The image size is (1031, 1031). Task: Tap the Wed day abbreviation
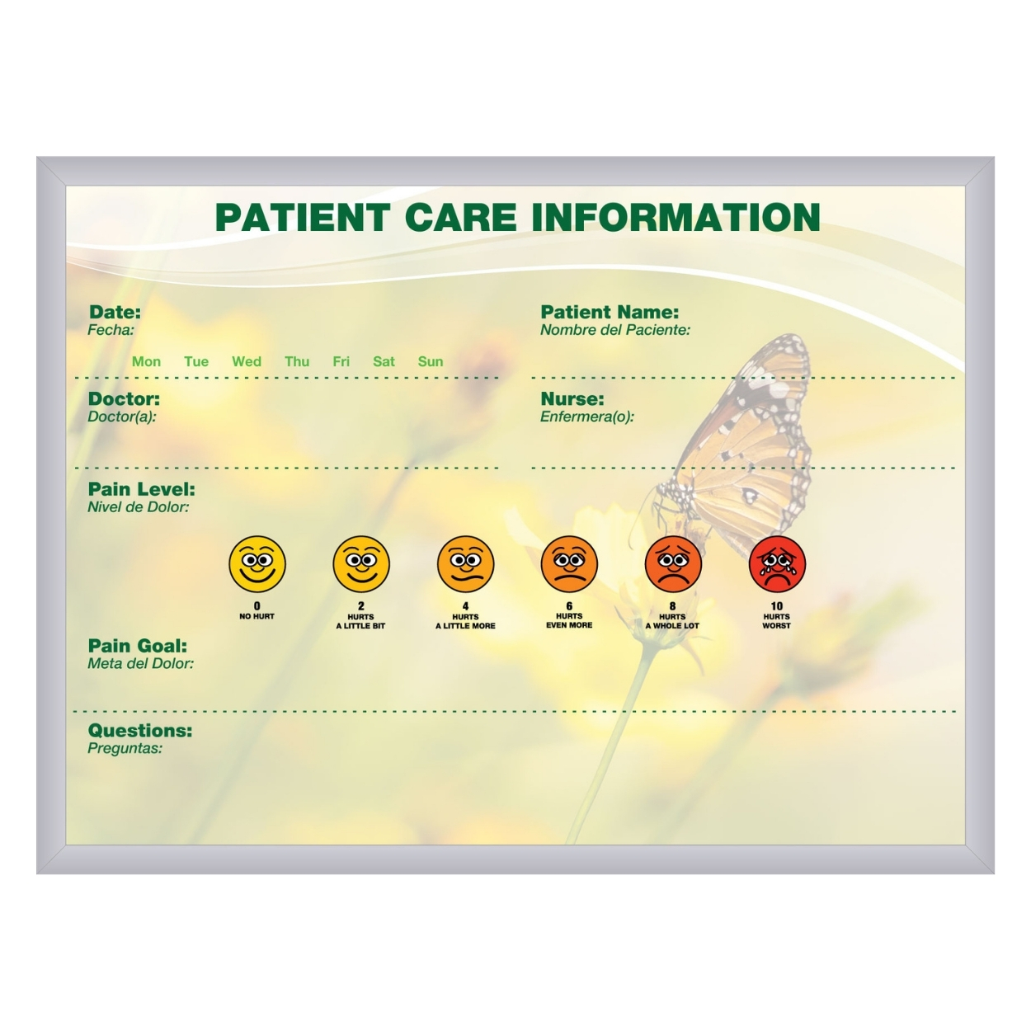point(246,362)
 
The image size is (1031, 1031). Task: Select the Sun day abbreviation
point(431,362)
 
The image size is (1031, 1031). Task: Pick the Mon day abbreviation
point(146,362)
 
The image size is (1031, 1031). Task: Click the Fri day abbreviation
point(341,362)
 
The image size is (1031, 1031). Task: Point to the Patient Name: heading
point(610,312)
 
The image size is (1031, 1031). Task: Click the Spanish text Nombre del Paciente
point(614,330)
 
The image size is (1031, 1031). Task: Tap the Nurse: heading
point(572,398)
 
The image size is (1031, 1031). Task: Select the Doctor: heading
point(124,398)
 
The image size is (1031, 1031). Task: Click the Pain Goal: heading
point(138,646)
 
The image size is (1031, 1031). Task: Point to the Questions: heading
point(139,730)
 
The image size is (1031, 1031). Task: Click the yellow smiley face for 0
point(257,564)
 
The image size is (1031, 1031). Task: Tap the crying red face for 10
point(776,564)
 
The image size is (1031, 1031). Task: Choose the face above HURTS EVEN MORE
point(569,564)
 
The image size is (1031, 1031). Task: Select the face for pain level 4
point(465,564)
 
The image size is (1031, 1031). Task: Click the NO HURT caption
point(257,616)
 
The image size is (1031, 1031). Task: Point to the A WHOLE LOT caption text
point(672,625)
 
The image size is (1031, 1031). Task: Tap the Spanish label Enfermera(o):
point(587,417)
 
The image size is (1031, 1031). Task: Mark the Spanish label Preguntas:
point(125,748)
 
